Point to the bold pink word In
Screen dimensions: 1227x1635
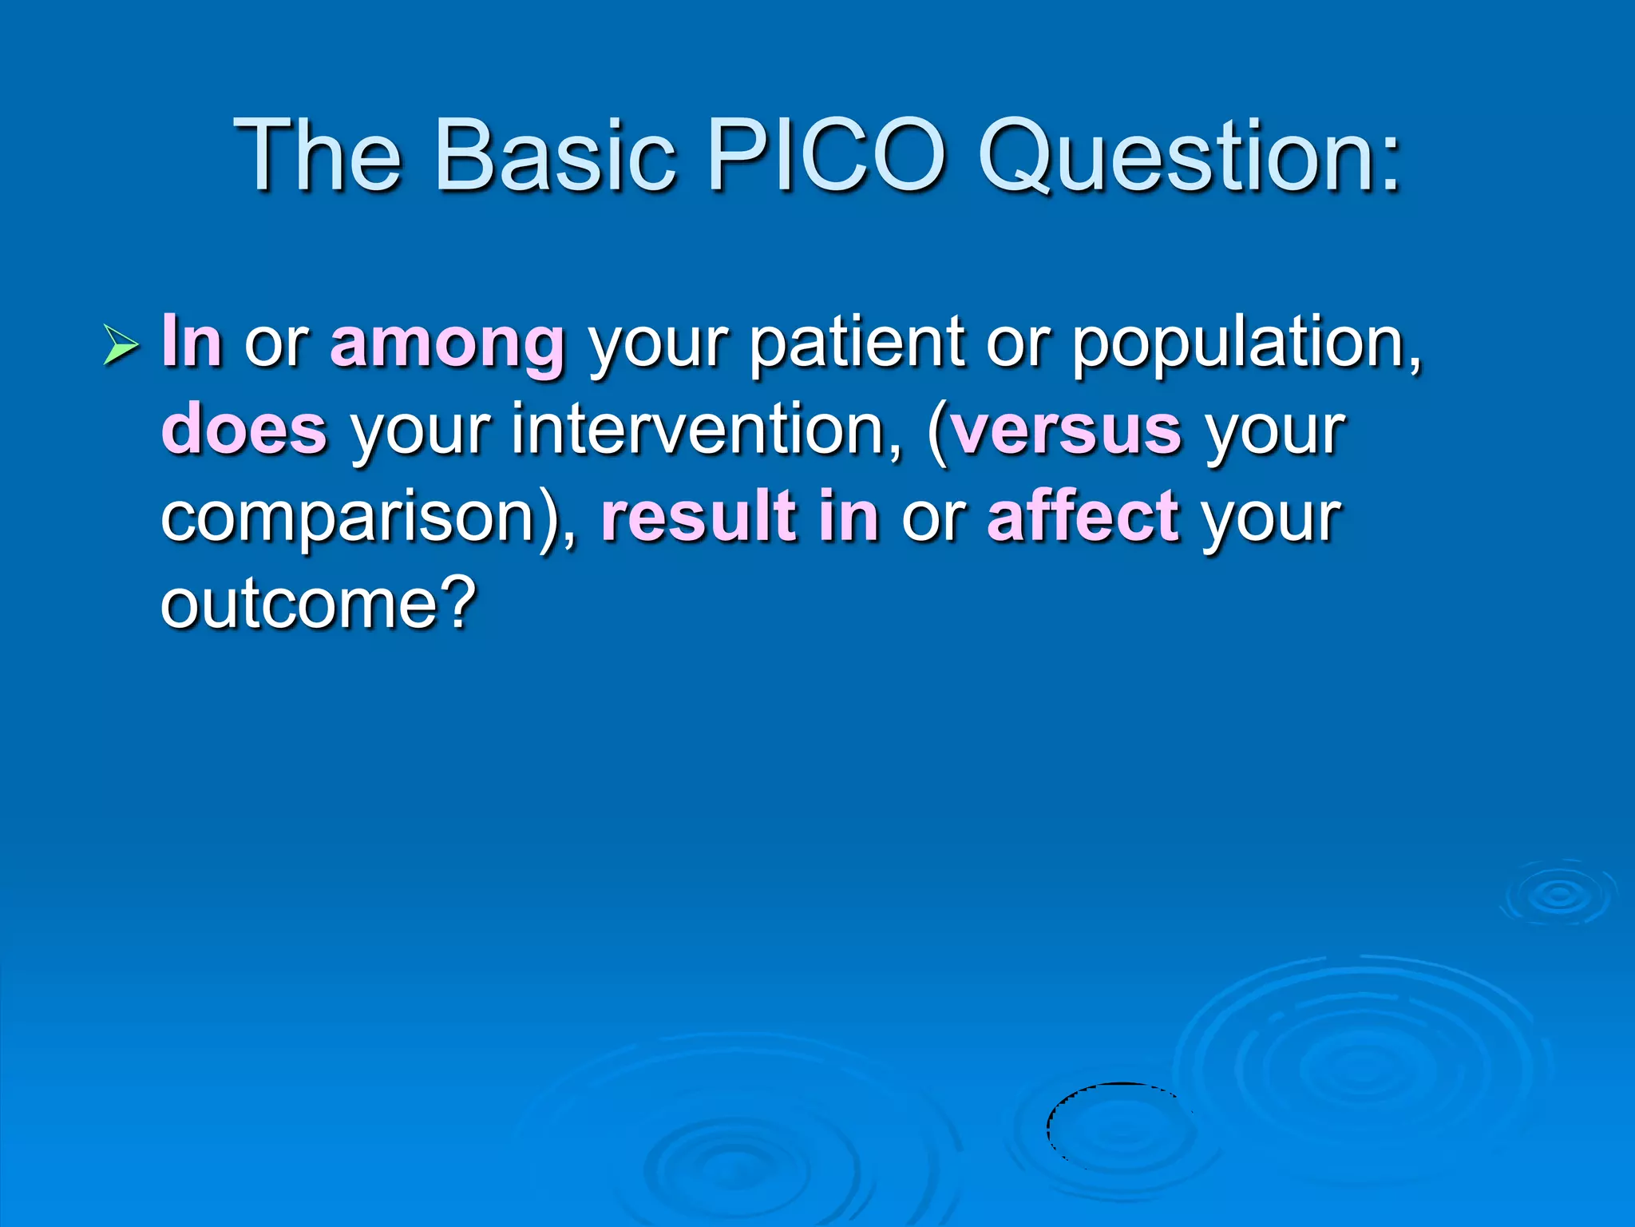(192, 341)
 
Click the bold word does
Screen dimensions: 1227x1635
(244, 430)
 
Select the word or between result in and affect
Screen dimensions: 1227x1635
(933, 518)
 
